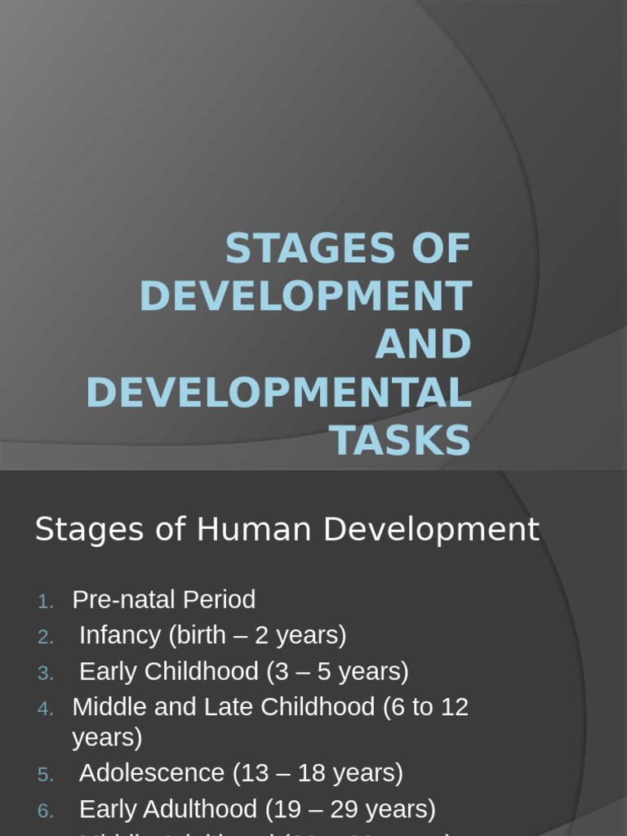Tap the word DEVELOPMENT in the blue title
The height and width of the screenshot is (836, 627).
(x=306, y=296)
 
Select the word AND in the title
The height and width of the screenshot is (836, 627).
(x=423, y=345)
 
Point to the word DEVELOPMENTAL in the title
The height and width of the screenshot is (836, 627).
(x=279, y=393)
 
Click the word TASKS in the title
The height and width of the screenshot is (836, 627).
(x=401, y=441)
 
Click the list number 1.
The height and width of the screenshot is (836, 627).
(x=46, y=602)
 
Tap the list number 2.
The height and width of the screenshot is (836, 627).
(x=46, y=638)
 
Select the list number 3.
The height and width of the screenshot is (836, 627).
(x=46, y=674)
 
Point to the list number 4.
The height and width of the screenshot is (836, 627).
(x=46, y=709)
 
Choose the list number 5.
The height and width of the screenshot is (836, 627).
(x=46, y=775)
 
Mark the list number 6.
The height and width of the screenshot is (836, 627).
(x=46, y=811)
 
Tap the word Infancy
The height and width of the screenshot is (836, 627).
(x=121, y=635)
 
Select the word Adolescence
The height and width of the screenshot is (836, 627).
(x=153, y=772)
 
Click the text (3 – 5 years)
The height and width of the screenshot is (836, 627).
(x=337, y=671)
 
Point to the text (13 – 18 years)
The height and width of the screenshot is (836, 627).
(x=318, y=772)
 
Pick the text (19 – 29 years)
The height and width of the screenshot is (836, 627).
(x=350, y=809)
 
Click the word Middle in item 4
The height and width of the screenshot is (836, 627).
(x=100, y=707)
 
